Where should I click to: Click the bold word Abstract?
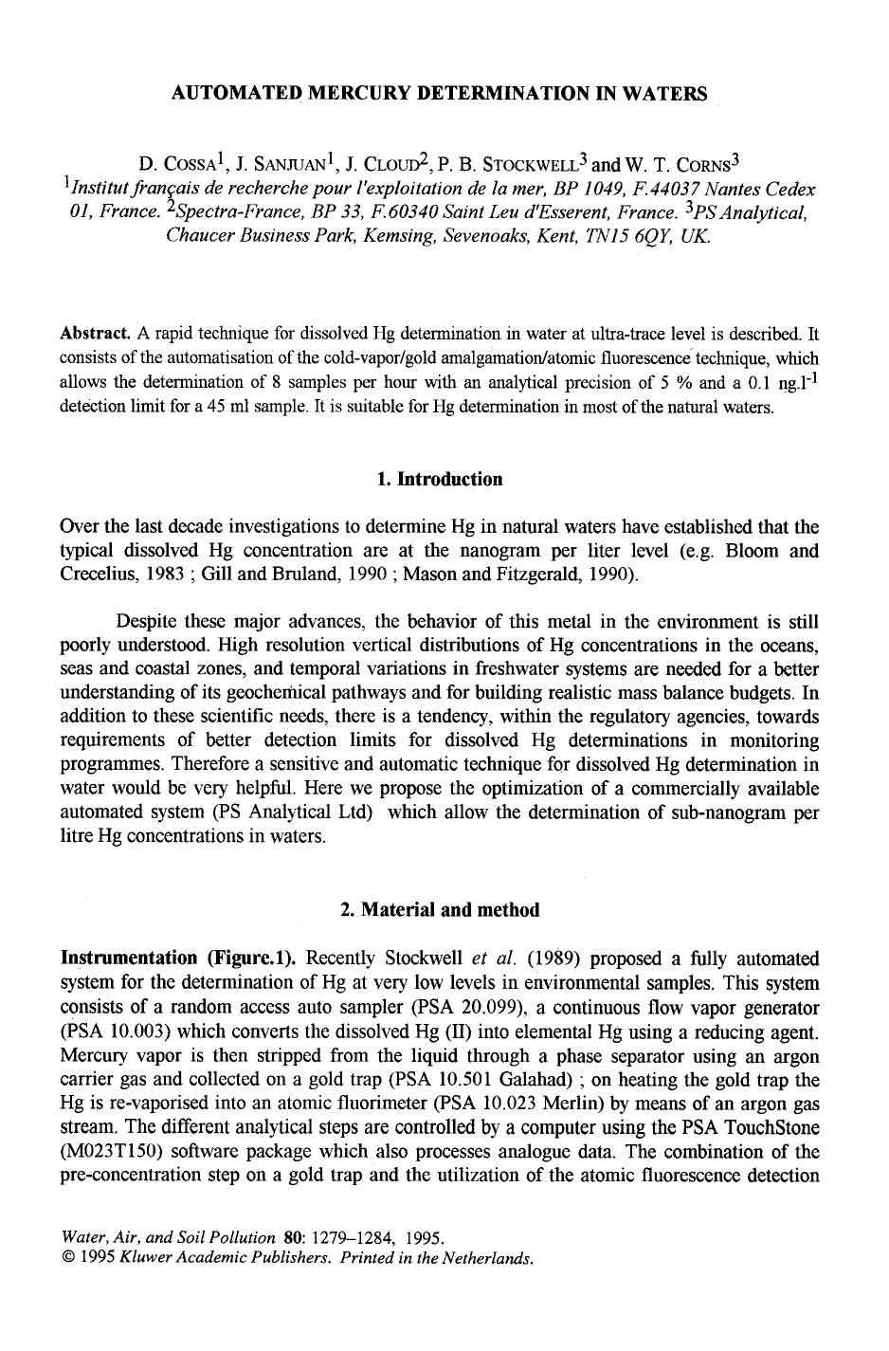[95, 334]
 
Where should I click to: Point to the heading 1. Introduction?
[440, 479]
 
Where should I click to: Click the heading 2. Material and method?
[440, 910]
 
